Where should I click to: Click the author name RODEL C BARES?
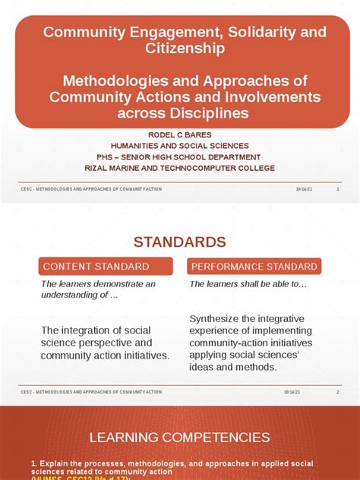click(180, 134)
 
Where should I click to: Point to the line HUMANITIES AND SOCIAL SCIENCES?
click(180, 146)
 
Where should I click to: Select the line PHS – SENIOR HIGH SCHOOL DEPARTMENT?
click(180, 157)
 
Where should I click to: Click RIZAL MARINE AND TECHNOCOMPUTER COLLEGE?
click(180, 168)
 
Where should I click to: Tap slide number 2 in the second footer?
click(338, 392)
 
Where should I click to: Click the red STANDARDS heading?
click(180, 242)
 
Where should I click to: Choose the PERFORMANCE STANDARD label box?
click(254, 267)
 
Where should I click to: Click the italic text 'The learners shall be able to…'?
click(248, 284)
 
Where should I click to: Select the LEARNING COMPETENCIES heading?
click(180, 437)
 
